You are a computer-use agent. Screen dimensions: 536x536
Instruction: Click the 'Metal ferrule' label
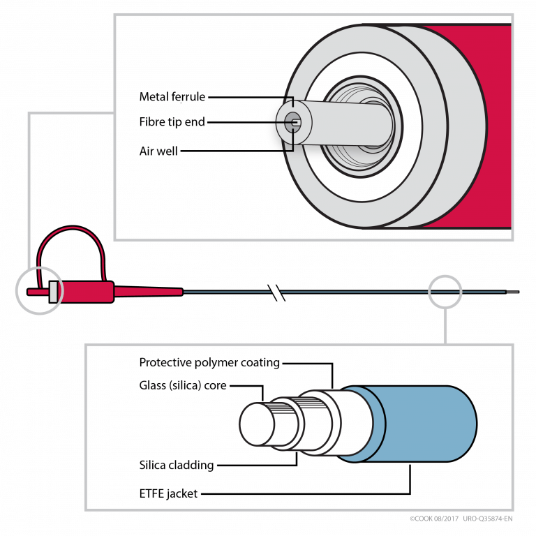coord(172,97)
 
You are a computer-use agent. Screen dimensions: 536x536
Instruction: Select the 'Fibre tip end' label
coord(172,122)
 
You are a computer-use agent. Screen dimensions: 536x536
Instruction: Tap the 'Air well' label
coord(158,150)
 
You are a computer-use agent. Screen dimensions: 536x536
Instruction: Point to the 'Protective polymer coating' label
coord(209,362)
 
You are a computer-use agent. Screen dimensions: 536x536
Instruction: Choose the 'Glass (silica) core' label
coord(183,385)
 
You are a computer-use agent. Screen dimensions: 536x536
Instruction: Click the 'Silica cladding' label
coord(177,465)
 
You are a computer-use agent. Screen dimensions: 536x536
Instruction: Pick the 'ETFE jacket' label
coord(168,493)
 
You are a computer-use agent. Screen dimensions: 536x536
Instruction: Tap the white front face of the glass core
coord(258,424)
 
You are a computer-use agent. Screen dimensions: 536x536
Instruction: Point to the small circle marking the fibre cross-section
coord(445,291)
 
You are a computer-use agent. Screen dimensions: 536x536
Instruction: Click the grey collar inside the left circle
coord(53,292)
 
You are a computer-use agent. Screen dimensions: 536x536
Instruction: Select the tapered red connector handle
coord(140,291)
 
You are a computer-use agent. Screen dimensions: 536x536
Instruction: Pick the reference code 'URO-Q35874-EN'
coord(487,519)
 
